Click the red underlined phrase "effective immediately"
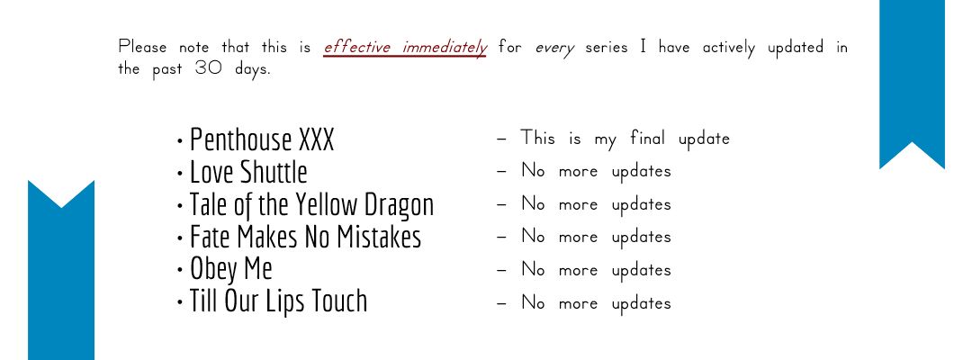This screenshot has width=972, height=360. [405, 48]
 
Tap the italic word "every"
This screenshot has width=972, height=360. [554, 49]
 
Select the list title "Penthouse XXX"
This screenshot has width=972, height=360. [262, 139]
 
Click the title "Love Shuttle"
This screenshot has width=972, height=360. [248, 172]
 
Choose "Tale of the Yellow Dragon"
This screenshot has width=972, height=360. [311, 205]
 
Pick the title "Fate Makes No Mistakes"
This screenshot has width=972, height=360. [305, 237]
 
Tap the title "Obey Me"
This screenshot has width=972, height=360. [230, 269]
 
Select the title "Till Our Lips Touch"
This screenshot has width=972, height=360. [278, 301]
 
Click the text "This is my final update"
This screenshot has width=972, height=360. [625, 139]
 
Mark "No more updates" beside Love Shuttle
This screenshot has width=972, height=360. [597, 170]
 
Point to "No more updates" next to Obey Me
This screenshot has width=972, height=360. [597, 269]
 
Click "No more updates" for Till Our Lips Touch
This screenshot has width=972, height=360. [597, 303]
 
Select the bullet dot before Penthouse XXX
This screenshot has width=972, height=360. [180, 141]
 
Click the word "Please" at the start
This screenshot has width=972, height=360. [142, 47]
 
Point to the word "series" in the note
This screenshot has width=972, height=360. [607, 48]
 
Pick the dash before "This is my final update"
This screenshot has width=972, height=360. [502, 139]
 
